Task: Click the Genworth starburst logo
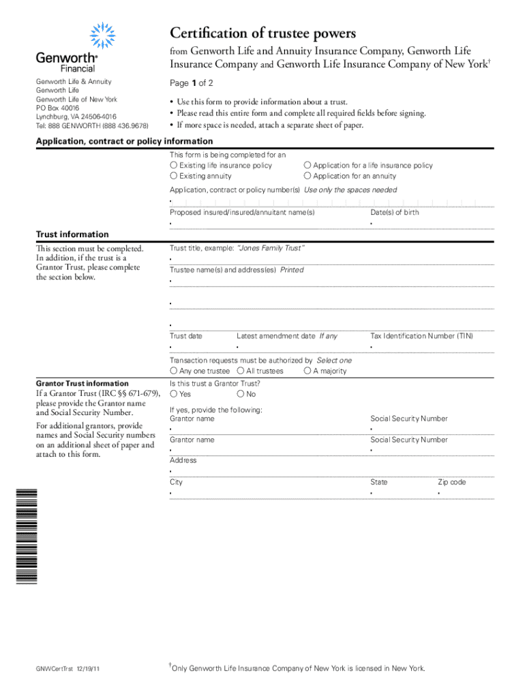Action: point(102,35)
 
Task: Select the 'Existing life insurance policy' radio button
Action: point(174,166)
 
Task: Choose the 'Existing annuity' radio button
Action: point(174,176)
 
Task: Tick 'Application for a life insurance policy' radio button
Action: point(307,166)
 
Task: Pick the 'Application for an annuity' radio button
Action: point(307,176)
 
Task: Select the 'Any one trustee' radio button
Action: point(174,371)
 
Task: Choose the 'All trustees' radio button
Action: point(241,371)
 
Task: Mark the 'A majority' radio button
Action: point(307,371)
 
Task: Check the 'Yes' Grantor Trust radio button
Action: point(174,394)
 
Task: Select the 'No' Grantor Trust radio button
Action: point(241,394)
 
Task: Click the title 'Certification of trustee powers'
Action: point(262,33)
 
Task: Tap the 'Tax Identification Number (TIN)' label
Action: point(421,336)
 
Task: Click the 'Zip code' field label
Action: point(451,482)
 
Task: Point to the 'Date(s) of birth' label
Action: point(394,213)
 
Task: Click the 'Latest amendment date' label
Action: point(275,336)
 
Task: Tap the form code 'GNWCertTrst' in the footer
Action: point(54,669)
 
